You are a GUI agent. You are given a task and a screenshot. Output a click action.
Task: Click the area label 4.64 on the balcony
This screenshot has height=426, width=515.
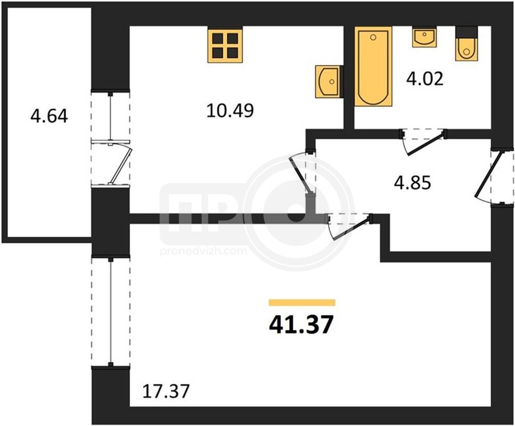click(x=49, y=117)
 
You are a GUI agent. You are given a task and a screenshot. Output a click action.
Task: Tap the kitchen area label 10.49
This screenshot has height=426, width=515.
click(x=230, y=110)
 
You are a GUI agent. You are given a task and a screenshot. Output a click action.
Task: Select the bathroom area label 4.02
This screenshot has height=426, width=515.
click(x=425, y=79)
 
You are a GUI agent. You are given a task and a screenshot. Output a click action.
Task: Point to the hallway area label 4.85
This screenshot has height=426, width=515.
click(x=412, y=183)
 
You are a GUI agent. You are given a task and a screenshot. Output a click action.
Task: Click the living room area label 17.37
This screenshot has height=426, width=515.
click(x=166, y=391)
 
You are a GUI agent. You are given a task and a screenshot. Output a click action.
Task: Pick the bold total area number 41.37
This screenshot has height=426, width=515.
click(x=301, y=324)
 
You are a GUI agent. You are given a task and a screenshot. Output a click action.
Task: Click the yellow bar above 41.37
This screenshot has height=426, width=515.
click(x=302, y=302)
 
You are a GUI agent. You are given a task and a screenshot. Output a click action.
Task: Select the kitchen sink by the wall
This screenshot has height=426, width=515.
click(x=329, y=81)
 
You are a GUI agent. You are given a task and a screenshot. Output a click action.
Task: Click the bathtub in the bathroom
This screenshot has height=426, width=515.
click(x=373, y=67)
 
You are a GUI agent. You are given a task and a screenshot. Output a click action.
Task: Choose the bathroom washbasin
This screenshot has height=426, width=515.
click(x=424, y=37)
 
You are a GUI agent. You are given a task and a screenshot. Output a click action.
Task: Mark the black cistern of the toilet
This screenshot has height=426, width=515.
click(x=467, y=32)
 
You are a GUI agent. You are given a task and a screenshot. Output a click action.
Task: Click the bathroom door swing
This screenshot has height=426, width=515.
click(x=423, y=143)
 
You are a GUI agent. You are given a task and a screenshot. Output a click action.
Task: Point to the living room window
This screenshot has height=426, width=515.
click(x=111, y=312)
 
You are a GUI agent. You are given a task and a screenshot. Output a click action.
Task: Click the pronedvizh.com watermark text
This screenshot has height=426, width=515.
click(x=204, y=252)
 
